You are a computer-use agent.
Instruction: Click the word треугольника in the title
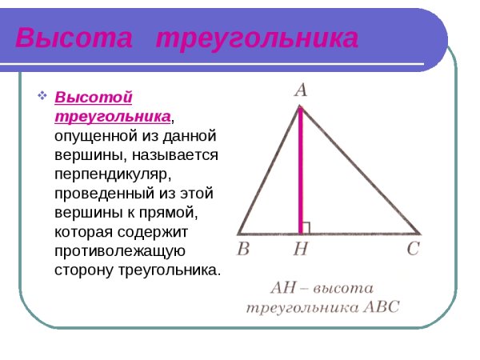coord(256,39)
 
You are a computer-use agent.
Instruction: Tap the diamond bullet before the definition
coord(43,98)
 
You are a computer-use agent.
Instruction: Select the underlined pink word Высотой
coord(93,98)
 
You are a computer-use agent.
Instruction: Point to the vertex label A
coord(300,90)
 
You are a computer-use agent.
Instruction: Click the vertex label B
coord(243,249)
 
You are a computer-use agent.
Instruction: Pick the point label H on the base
coord(301,250)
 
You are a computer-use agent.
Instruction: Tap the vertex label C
coord(413,249)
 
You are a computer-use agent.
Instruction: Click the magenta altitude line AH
coord(301,168)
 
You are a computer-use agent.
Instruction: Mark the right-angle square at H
coord(306,227)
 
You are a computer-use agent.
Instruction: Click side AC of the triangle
coord(360,168)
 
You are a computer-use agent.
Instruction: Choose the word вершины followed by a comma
coord(81,155)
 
